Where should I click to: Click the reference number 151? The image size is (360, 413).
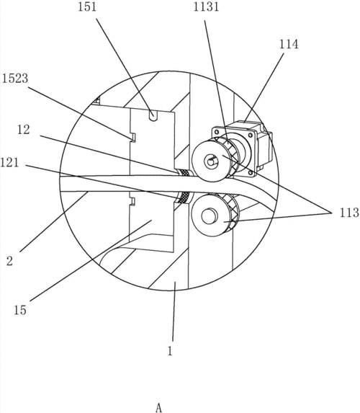pyautogui.click(x=87, y=6)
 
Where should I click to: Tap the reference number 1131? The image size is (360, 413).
pyautogui.click(x=207, y=6)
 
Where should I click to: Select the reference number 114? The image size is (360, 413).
pyautogui.click(x=289, y=44)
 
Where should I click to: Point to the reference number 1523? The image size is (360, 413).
pyautogui.click(x=15, y=79)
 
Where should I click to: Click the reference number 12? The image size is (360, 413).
pyautogui.click(x=24, y=130)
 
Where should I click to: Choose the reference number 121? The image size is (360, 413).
pyautogui.click(x=9, y=162)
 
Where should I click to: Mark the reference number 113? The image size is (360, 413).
pyautogui.click(x=349, y=213)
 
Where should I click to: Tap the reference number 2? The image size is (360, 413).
pyautogui.click(x=10, y=262)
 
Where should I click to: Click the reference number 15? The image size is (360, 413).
pyautogui.click(x=20, y=310)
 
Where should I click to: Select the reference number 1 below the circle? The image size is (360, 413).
pyautogui.click(x=170, y=351)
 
